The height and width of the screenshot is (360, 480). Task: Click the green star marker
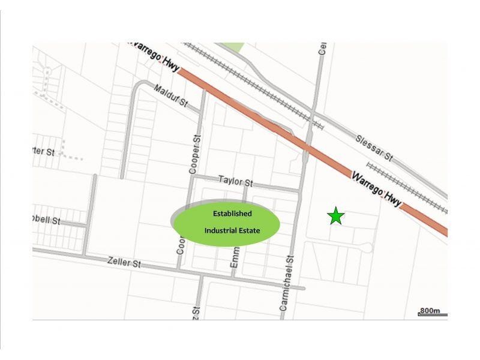(336, 216)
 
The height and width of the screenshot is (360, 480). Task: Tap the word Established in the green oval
(232, 214)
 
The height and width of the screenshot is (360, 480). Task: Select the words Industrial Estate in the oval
(232, 230)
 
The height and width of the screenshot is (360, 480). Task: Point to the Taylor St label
(235, 181)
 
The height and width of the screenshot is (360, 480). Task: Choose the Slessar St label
(374, 148)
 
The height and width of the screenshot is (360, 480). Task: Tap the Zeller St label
(124, 262)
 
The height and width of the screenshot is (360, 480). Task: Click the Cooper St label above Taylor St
(194, 154)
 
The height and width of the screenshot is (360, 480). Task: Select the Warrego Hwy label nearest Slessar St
(376, 187)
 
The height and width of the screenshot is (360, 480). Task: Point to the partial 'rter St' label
(43, 151)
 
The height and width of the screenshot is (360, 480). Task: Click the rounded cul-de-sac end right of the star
(368, 248)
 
